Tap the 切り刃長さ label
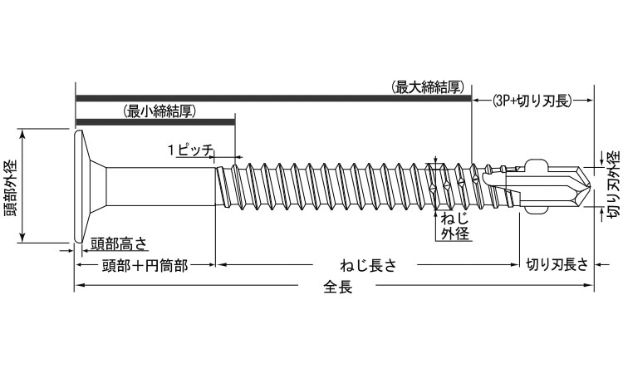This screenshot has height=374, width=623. pos(557,266)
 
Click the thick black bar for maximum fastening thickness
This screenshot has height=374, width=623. pos(274,98)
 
